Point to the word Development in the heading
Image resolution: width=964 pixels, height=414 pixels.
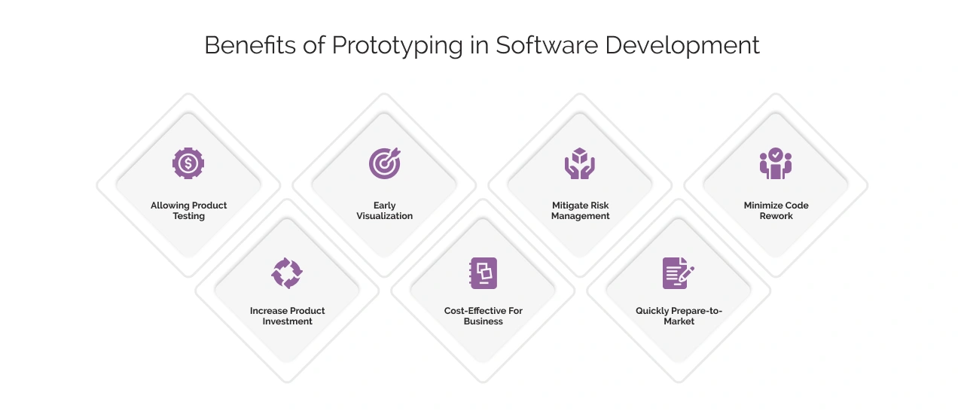click(683, 45)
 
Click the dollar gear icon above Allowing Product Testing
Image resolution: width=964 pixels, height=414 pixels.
click(188, 163)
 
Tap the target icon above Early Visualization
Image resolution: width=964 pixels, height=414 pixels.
click(384, 163)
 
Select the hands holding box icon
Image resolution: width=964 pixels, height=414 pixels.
click(580, 163)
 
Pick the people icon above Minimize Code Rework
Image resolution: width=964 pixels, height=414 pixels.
click(776, 163)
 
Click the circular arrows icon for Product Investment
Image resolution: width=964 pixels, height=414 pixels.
click(287, 272)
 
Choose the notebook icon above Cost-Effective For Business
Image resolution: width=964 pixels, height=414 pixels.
click(484, 272)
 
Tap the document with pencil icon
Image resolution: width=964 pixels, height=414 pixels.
click(679, 272)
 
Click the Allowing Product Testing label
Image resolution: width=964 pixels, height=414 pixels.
click(188, 211)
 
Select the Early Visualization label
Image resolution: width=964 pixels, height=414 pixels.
click(384, 211)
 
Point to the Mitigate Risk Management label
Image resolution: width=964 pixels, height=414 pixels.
click(580, 211)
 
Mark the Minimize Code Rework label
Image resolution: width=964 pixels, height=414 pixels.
click(776, 211)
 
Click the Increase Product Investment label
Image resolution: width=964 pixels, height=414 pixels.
click(287, 316)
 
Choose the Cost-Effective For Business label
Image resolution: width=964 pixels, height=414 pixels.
click(484, 316)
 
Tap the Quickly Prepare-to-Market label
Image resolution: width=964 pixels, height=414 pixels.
click(679, 316)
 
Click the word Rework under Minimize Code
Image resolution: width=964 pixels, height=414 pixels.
click(776, 216)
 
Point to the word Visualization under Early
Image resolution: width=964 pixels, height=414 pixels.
click(384, 216)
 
